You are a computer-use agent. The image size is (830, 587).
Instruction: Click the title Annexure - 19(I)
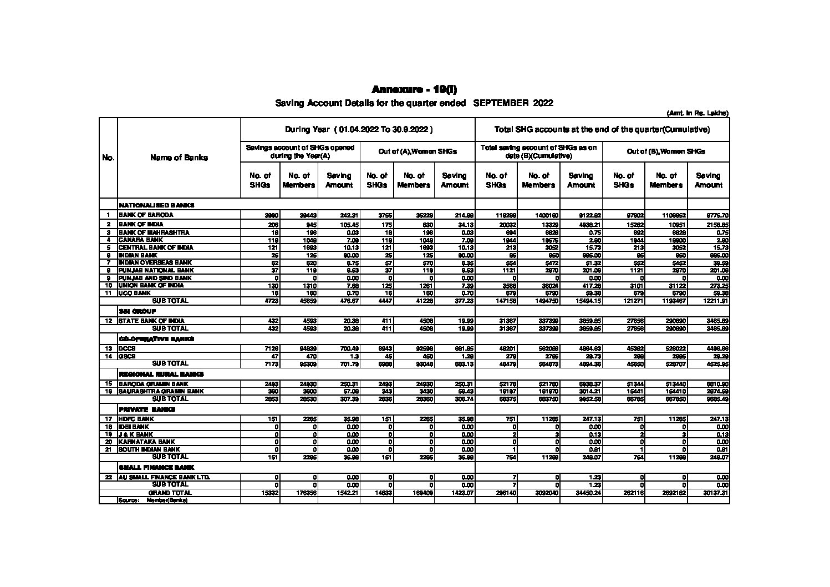click(x=414, y=90)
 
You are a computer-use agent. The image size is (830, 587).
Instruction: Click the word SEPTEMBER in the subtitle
click(x=501, y=103)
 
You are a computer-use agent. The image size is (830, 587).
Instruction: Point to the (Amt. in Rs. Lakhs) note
click(x=697, y=113)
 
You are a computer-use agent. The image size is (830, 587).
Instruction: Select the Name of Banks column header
click(x=179, y=158)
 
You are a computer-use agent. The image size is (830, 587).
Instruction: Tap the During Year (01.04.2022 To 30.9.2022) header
click(x=358, y=130)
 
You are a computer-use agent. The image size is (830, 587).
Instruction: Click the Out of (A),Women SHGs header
click(x=417, y=151)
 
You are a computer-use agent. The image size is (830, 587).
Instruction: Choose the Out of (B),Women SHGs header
click(x=665, y=151)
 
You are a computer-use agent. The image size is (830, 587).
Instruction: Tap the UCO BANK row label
click(x=135, y=292)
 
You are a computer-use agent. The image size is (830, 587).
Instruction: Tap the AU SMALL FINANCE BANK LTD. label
click(x=164, y=477)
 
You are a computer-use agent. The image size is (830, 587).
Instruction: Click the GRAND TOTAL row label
click(x=170, y=493)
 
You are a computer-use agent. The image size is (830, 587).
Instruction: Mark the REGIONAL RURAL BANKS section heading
click(x=161, y=375)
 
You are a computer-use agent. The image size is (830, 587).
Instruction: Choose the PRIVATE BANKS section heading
click(x=147, y=409)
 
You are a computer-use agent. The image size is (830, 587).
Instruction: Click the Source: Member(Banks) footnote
click(x=153, y=500)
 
